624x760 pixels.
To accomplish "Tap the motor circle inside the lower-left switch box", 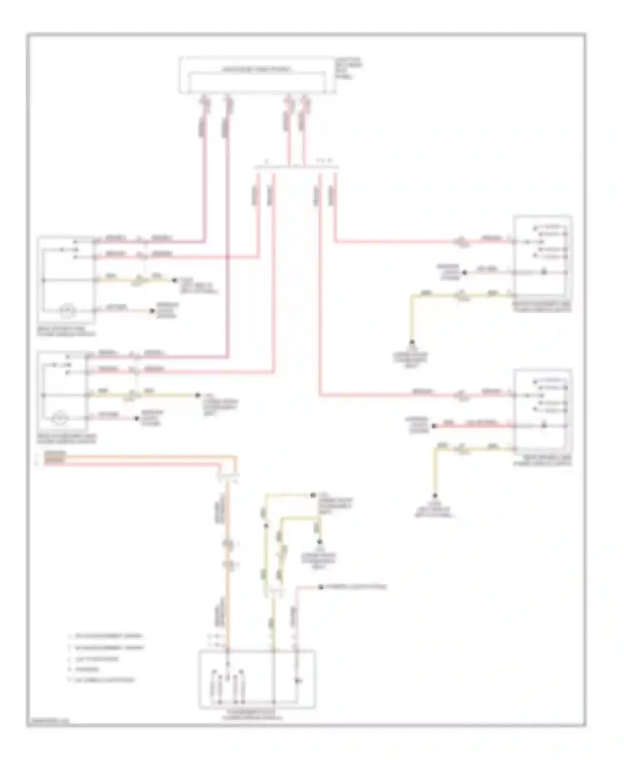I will pos(60,418).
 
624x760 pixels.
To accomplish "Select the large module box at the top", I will pos(257,75).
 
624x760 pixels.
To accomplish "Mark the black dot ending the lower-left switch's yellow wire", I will pos(198,395).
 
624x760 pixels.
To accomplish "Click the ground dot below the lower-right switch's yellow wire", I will pos(436,496).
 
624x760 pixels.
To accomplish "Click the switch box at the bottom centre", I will pos(257,679).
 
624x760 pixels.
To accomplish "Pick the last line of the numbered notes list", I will pos(102,680).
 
